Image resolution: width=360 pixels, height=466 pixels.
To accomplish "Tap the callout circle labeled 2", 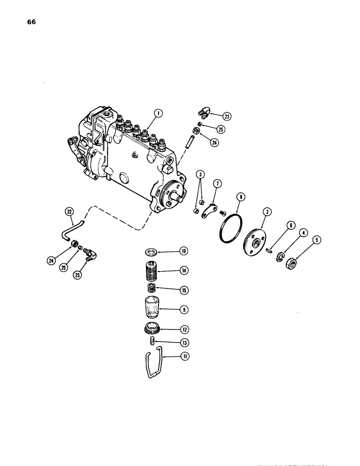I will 267,212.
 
